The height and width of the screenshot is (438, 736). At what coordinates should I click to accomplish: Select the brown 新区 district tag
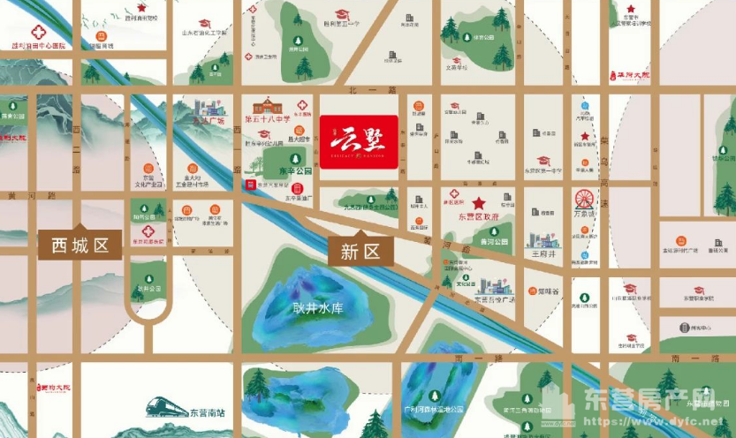tap(359, 251)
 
